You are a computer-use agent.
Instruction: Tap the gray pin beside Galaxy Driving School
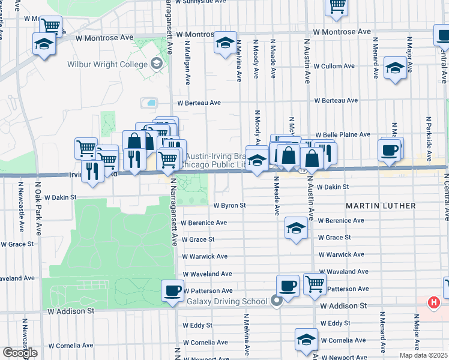276,301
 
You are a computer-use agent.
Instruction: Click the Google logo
20,353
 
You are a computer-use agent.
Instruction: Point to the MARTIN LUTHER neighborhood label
381,206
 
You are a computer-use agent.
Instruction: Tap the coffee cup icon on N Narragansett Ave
173,291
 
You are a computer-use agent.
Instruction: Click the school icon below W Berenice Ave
295,228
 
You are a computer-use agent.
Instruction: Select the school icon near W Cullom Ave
395,68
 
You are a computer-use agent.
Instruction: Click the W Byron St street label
230,205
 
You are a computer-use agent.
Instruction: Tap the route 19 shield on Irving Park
304,170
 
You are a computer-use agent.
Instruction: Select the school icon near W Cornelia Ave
306,339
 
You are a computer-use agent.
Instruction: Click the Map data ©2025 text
423,355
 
